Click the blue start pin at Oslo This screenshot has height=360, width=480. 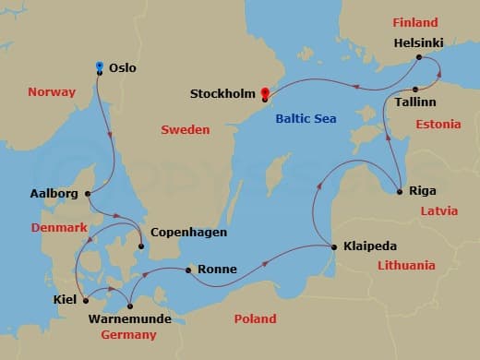pos(99,66)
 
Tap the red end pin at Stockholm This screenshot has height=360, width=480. pos(265,92)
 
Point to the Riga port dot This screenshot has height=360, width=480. pos(399,192)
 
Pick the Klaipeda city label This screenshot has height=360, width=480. pos(370,246)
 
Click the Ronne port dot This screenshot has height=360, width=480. pos(188,270)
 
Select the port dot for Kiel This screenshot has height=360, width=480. pos(85,300)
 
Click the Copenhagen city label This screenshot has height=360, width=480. pos(188,233)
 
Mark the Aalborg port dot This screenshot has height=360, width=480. pos(88,194)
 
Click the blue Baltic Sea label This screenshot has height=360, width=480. pos(306,118)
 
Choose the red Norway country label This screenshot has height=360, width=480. pos(52,91)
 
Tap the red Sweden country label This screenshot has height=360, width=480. pos(186,130)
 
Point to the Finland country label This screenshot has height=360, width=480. pos(415,22)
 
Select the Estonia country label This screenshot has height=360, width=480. pos(438,124)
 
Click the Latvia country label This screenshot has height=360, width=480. pos(438,210)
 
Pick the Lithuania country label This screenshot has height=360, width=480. pos(406,265)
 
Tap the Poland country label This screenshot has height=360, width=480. pos(255,318)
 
